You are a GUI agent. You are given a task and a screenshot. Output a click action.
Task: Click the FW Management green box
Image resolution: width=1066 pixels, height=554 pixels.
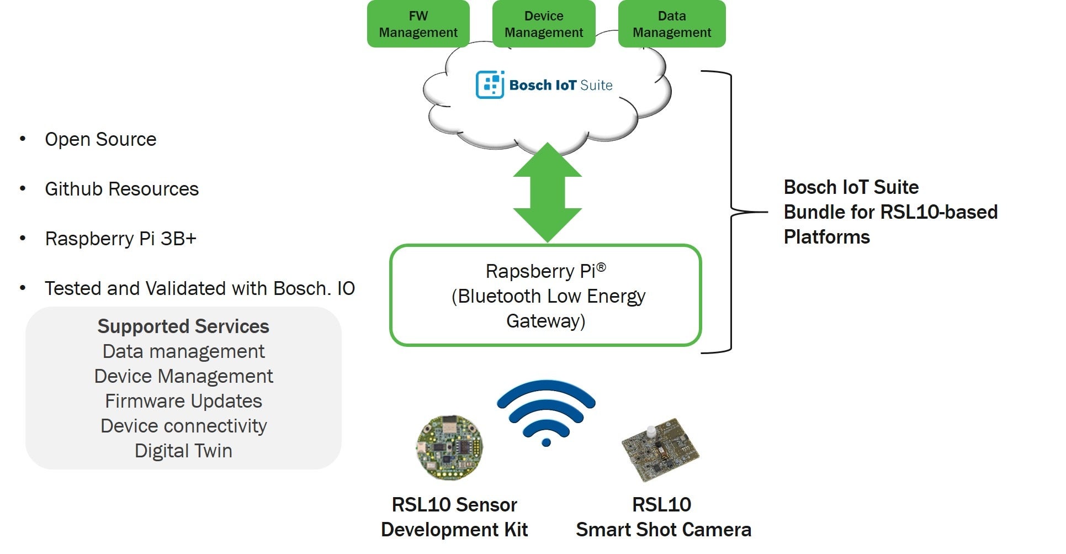click(x=418, y=24)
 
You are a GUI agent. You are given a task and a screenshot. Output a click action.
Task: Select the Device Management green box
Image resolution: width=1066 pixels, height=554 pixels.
click(x=543, y=24)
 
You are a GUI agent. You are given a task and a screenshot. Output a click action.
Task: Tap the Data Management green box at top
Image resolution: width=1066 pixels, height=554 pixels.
click(x=671, y=24)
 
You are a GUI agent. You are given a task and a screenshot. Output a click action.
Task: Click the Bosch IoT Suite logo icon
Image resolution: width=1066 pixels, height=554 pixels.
click(x=490, y=85)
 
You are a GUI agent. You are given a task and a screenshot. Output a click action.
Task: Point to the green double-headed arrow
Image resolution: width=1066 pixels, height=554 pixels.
click(x=547, y=192)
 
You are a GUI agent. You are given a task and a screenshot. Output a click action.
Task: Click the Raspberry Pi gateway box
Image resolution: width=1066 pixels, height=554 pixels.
click(x=545, y=296)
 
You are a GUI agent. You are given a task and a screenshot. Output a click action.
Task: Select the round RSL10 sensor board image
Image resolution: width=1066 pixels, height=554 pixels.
click(x=449, y=447)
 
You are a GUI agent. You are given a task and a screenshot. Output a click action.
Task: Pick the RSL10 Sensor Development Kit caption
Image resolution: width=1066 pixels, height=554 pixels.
click(x=454, y=517)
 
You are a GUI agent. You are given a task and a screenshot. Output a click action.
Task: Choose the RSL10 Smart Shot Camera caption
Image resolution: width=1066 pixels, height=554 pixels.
click(x=663, y=517)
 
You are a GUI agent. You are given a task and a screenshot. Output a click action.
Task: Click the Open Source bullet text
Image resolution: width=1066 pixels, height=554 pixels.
click(x=100, y=139)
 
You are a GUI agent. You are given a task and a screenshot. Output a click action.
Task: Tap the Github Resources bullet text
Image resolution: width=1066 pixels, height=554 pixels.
click(x=121, y=189)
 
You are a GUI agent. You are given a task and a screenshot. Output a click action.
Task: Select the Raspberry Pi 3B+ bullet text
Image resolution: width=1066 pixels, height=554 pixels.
click(x=120, y=239)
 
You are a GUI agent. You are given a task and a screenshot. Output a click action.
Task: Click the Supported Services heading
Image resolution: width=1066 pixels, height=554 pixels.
click(x=183, y=326)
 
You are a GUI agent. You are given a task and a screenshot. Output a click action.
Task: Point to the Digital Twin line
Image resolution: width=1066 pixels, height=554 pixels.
click(x=183, y=451)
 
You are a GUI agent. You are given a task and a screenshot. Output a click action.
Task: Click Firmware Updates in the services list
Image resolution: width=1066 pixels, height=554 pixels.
click(x=183, y=401)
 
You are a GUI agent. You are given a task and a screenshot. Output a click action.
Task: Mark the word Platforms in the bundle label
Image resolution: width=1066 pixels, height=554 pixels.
click(x=826, y=237)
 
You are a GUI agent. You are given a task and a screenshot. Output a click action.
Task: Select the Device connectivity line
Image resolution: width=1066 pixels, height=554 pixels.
click(x=183, y=426)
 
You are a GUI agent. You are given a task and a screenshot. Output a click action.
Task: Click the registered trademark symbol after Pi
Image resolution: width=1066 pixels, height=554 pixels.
click(x=601, y=267)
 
